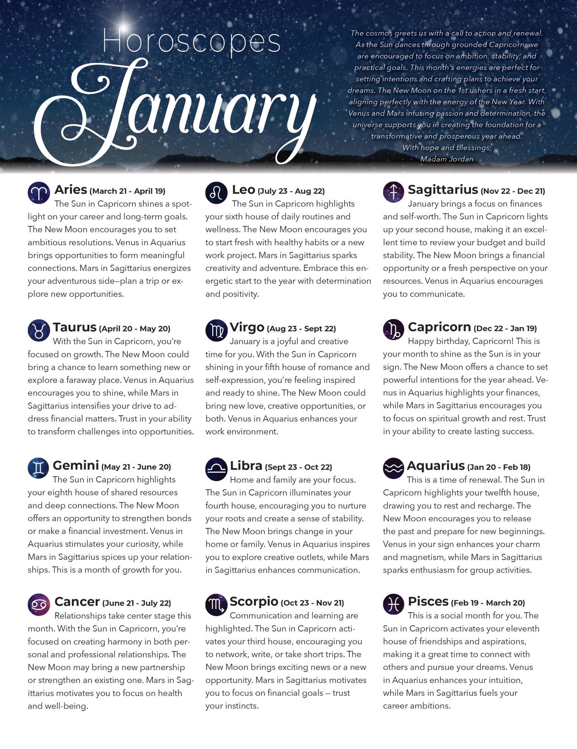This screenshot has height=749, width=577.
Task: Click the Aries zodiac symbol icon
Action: (x=39, y=192)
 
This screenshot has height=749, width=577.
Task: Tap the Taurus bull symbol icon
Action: (x=39, y=330)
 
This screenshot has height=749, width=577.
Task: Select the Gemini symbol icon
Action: (x=39, y=468)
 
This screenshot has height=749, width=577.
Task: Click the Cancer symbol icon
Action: (x=39, y=604)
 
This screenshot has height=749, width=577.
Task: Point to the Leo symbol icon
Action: (x=216, y=192)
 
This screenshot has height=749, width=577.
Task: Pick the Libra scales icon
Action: (x=216, y=469)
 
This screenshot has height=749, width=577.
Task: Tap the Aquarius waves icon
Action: (x=394, y=468)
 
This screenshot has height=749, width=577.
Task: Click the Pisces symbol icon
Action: (x=394, y=604)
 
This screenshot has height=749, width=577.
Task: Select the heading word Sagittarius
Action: (x=442, y=190)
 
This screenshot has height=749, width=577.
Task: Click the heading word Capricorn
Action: (x=439, y=327)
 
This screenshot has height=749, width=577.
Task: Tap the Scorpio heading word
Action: (x=253, y=601)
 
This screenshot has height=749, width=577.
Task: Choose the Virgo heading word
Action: (x=247, y=327)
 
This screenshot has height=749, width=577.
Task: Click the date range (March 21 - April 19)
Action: (x=127, y=191)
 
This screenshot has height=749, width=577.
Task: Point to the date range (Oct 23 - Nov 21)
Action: (x=312, y=603)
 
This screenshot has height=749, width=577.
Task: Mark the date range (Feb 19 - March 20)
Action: (x=488, y=603)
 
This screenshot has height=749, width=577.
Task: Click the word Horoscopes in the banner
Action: (x=191, y=41)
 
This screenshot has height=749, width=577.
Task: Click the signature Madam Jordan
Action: (x=446, y=159)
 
